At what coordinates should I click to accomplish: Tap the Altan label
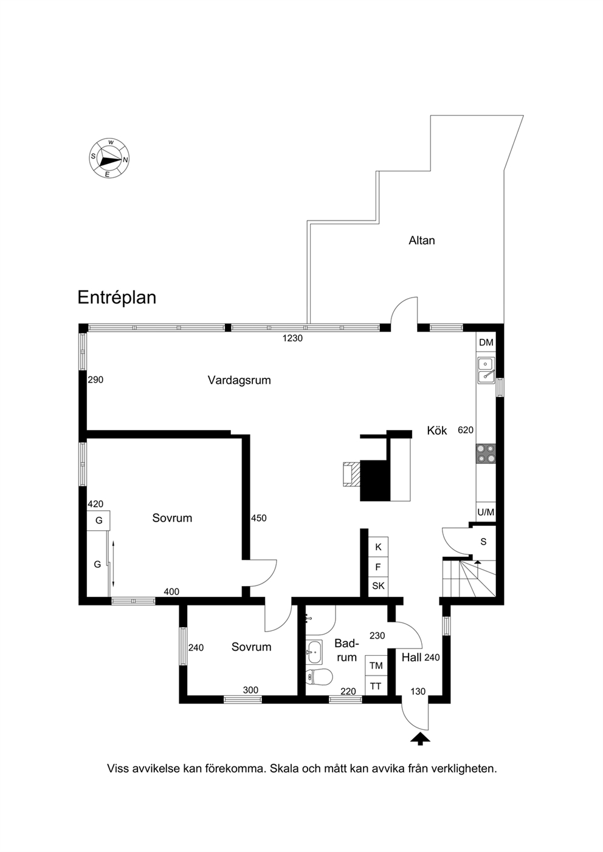421,240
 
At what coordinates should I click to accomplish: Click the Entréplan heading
117,298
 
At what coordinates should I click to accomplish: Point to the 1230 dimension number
292,338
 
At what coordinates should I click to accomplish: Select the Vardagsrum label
239,380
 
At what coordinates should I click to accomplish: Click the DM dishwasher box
486,343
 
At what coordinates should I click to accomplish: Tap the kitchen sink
486,370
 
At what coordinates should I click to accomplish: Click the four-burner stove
486,454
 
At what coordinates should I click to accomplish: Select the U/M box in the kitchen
486,513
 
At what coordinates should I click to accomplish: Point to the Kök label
436,431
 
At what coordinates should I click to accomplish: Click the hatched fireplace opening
351,474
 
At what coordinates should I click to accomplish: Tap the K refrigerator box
379,547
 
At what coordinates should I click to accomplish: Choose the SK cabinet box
379,586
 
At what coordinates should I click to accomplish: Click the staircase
469,578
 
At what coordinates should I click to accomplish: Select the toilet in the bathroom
319,676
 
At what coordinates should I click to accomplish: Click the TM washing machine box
376,665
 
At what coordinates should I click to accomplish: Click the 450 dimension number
259,518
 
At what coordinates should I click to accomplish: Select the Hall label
412,658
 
